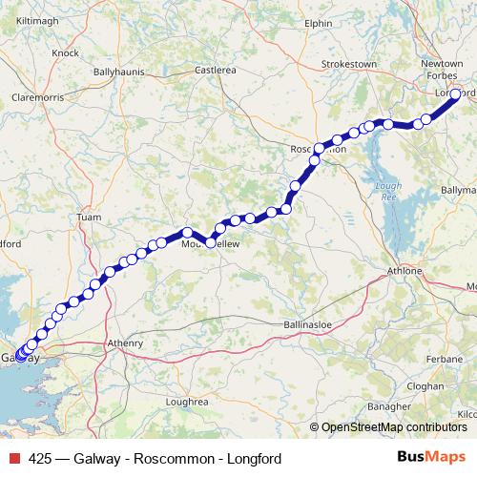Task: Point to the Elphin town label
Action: pyautogui.click(x=317, y=22)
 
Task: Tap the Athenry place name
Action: pyautogui.click(x=126, y=342)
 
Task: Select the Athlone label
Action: pyautogui.click(x=405, y=271)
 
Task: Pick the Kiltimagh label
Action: pyautogui.click(x=37, y=18)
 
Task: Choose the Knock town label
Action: pyautogui.click(x=66, y=53)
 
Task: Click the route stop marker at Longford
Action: pyautogui.click(x=456, y=93)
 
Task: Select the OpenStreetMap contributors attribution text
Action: pyautogui.click(x=394, y=427)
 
